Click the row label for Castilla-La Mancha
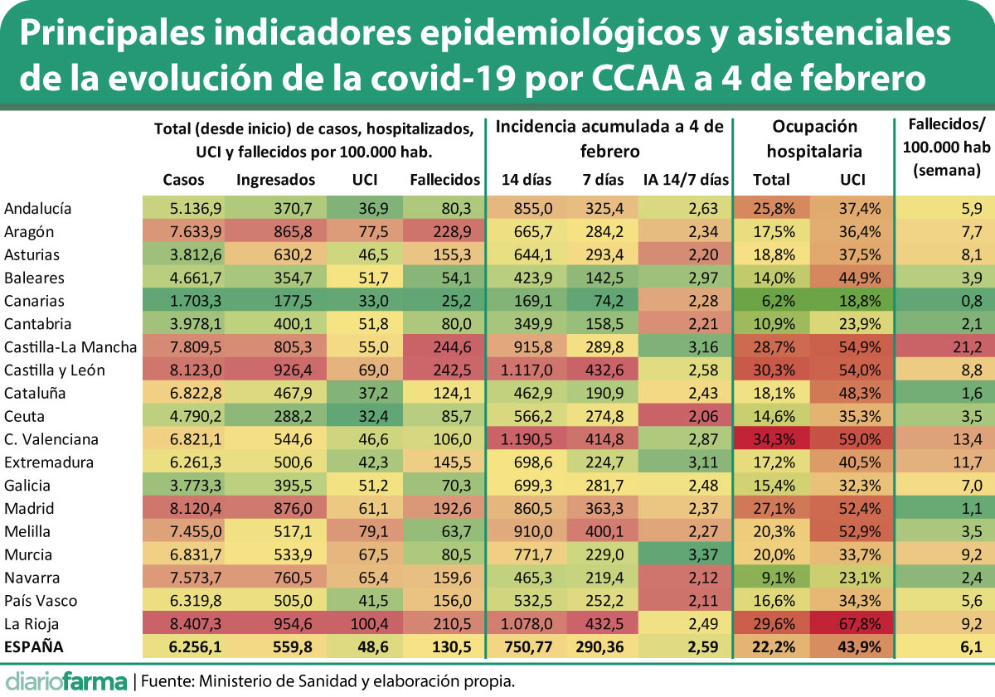click(69, 347)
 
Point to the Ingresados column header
click(276, 179)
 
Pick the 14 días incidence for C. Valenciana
click(529, 439)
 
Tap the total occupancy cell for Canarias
click(771, 301)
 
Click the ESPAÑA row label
click(34, 647)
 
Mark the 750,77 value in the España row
click(527, 647)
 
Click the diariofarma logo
click(66, 681)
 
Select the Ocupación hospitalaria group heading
click(814, 138)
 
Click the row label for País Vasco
click(41, 601)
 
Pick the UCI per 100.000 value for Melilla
click(366, 531)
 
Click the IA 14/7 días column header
click(686, 179)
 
